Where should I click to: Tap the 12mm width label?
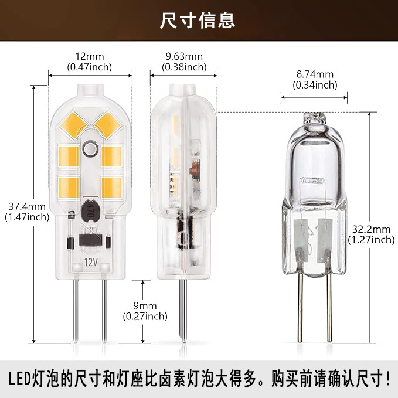90,57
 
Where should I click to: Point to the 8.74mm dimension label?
315,74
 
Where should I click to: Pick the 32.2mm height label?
371,229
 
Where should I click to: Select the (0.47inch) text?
90,67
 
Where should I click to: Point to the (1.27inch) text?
371,239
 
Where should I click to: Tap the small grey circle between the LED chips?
90,149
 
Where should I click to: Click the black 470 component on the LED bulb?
90,207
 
